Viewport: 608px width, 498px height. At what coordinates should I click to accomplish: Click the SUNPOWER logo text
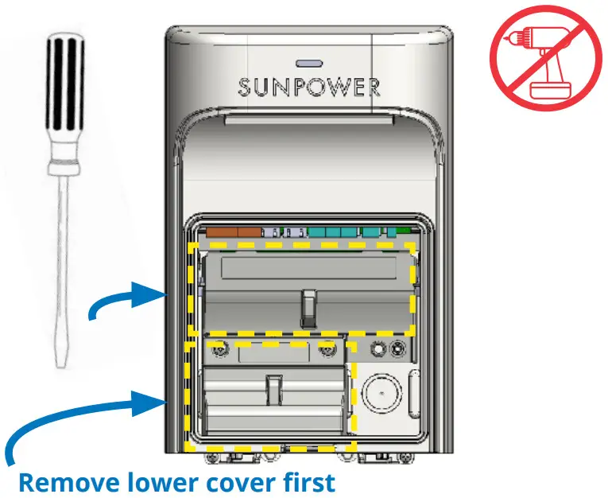[x=308, y=87]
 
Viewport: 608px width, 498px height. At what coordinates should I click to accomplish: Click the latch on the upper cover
[x=308, y=308]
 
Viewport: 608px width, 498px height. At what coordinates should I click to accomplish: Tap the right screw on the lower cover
[x=326, y=348]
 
